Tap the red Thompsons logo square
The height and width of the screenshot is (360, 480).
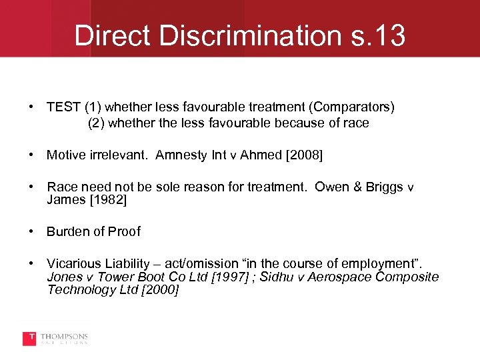29,339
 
